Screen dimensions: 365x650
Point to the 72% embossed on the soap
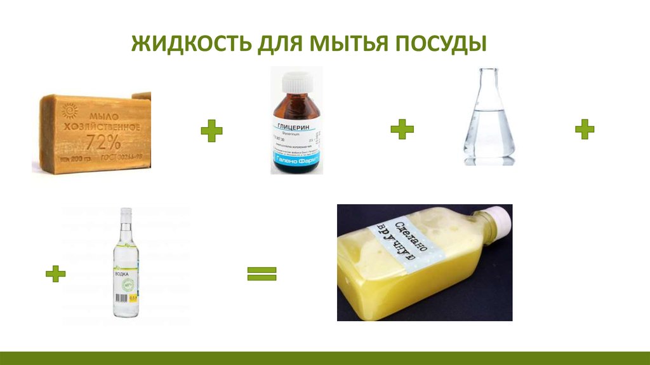click(x=102, y=138)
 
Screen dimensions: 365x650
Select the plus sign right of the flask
click(x=584, y=130)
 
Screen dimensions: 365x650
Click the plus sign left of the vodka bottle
click(x=56, y=275)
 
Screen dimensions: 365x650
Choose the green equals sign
click(x=262, y=274)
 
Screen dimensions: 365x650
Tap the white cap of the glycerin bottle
click(x=297, y=81)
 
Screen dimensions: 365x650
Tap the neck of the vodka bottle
click(x=126, y=229)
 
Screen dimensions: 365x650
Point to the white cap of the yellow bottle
click(x=500, y=217)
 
